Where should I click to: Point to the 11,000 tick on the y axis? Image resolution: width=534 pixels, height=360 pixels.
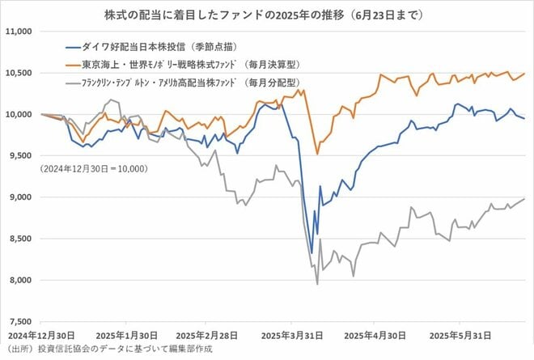(18, 32)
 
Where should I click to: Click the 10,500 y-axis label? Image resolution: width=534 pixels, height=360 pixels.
(18, 73)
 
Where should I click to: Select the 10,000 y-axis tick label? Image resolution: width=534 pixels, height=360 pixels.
(18, 114)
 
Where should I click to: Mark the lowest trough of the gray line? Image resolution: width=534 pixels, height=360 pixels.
(316, 284)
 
